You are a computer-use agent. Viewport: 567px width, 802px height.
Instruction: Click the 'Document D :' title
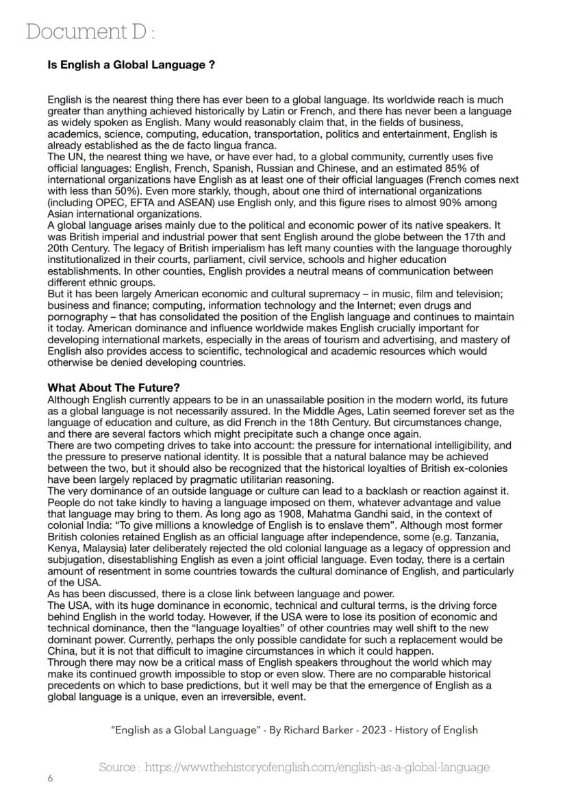coord(91,32)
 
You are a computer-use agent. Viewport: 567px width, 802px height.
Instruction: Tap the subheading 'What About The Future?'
coord(113,388)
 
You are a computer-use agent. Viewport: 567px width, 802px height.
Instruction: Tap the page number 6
coord(50,779)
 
